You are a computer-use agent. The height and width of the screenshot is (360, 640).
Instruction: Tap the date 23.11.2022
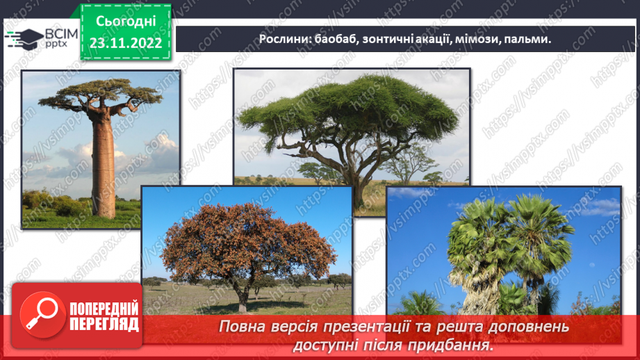coord(125,42)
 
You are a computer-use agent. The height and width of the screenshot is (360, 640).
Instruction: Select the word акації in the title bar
coord(432,40)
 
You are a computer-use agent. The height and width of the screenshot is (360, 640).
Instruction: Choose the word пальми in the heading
coord(529,40)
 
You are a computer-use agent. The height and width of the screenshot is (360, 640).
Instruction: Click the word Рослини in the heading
coord(284,40)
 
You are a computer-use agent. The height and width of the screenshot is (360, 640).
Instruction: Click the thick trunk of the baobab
coord(104,167)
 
